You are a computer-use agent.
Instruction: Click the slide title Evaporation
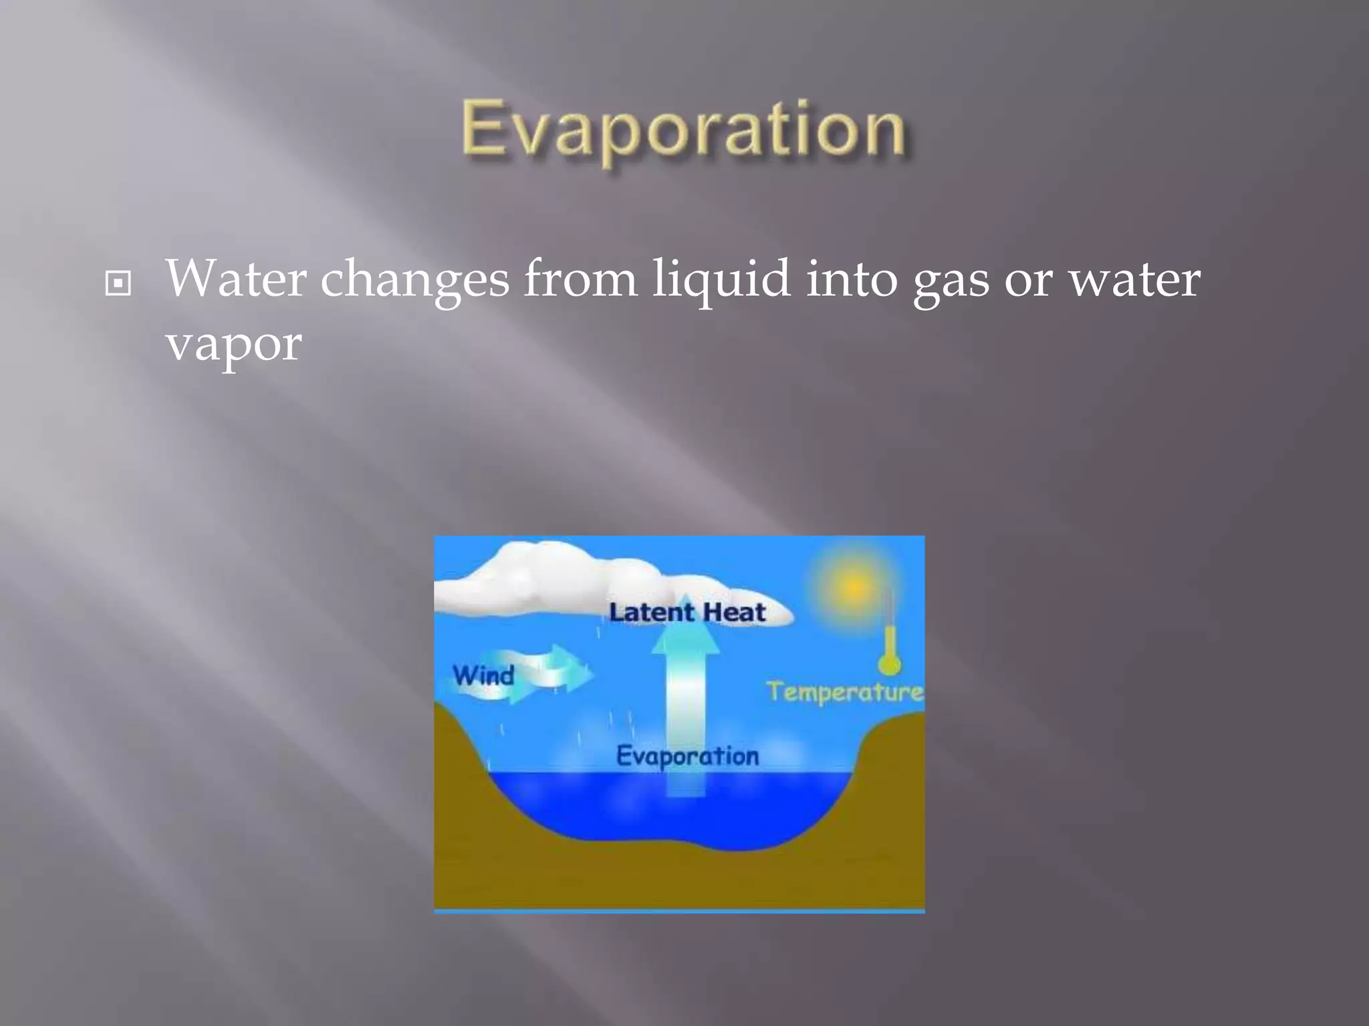point(683,130)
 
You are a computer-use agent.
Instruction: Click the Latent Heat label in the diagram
point(687,613)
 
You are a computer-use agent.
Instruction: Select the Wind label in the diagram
point(483,675)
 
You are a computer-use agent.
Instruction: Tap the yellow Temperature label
point(845,692)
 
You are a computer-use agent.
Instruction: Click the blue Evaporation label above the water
point(687,756)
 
